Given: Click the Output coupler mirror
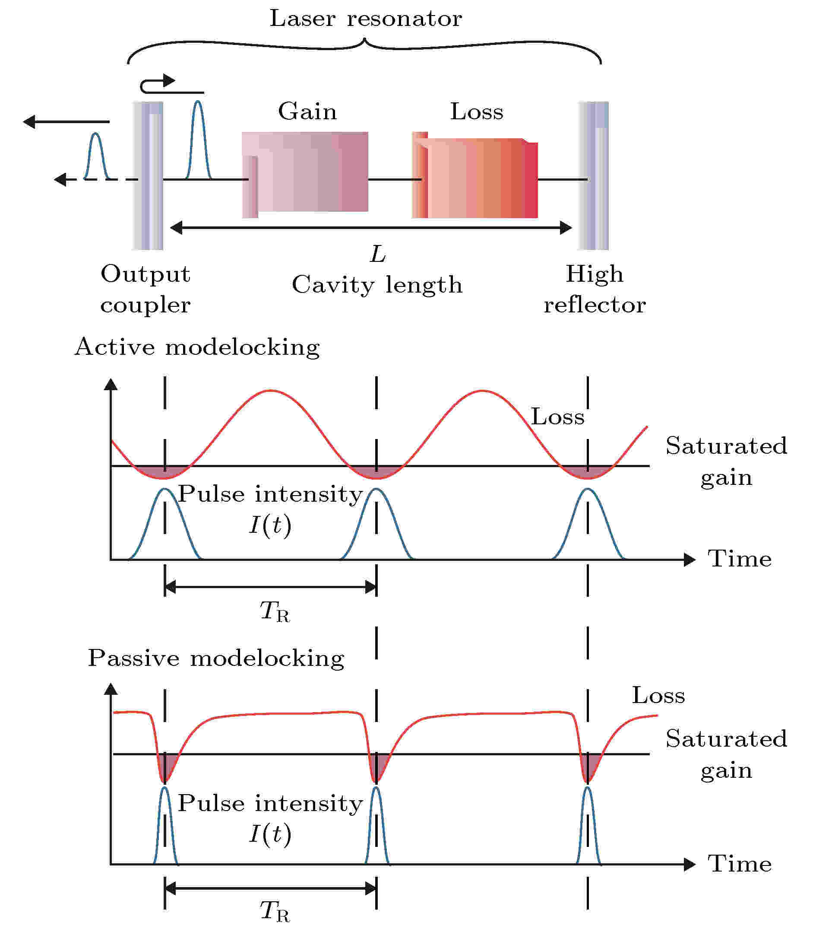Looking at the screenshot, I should tap(148, 175).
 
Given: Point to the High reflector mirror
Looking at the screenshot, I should tap(593, 175).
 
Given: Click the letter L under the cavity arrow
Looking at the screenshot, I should tap(377, 255).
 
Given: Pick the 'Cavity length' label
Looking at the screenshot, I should tap(377, 286).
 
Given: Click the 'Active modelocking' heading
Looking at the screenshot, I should tap(197, 347).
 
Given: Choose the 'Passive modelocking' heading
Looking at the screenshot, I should tap(216, 659).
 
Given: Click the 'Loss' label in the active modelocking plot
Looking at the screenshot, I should tap(558, 417).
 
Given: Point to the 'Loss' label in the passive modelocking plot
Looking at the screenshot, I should tap(658, 696).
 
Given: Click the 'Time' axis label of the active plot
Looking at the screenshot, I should tap(739, 559).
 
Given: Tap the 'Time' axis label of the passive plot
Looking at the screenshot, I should tap(739, 864).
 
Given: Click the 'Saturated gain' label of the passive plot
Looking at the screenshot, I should tap(726, 754).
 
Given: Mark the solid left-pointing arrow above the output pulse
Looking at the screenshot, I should tap(66, 122).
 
